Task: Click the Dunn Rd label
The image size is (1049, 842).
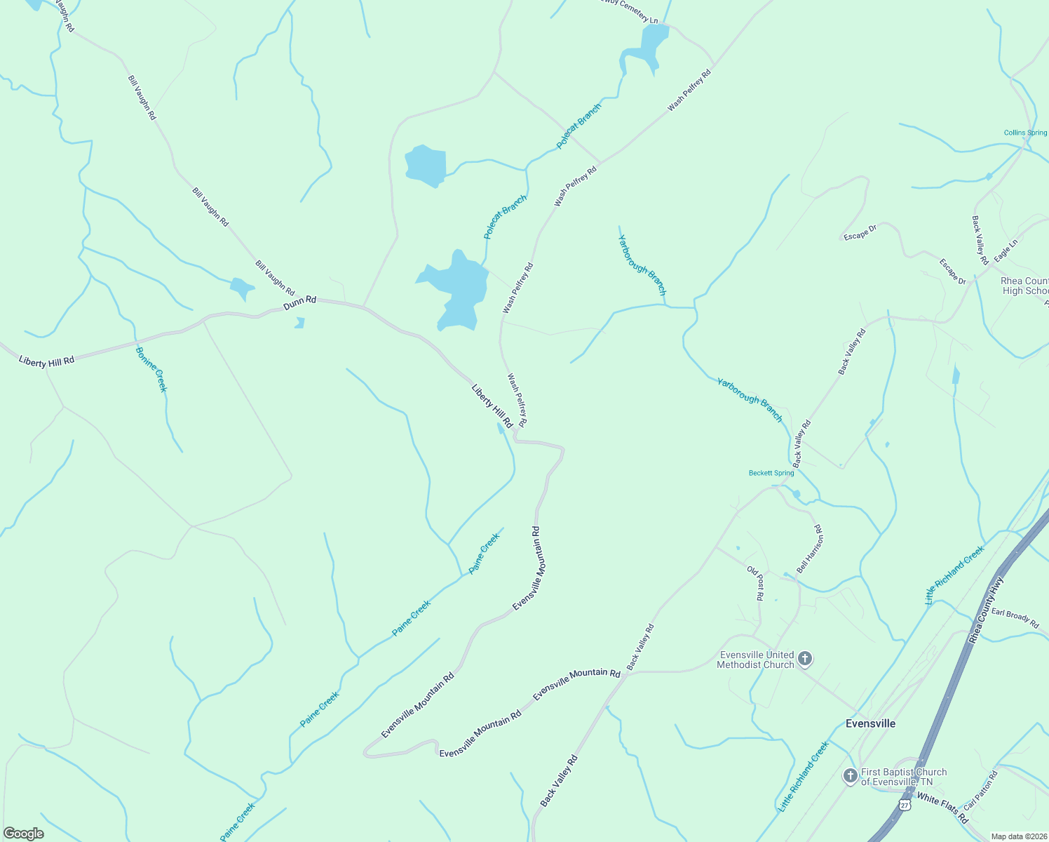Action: [x=300, y=302]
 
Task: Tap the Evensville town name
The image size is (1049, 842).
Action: [x=870, y=723]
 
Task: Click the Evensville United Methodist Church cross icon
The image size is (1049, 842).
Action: [x=805, y=659]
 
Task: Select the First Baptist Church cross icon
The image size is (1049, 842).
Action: [x=851, y=776]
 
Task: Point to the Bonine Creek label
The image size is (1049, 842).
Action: [x=151, y=369]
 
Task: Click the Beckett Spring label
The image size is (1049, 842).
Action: [x=771, y=473]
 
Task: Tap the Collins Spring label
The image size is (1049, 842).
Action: [x=1025, y=133]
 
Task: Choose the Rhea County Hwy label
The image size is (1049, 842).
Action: [x=987, y=610]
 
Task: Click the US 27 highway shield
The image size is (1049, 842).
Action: [x=905, y=805]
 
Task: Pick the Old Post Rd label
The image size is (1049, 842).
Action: [x=755, y=583]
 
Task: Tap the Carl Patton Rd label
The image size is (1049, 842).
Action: [x=980, y=791]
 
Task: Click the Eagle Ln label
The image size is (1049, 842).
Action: [x=1006, y=250]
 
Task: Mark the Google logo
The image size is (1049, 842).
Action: [x=23, y=833]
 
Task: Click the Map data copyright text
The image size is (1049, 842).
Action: [x=1018, y=836]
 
